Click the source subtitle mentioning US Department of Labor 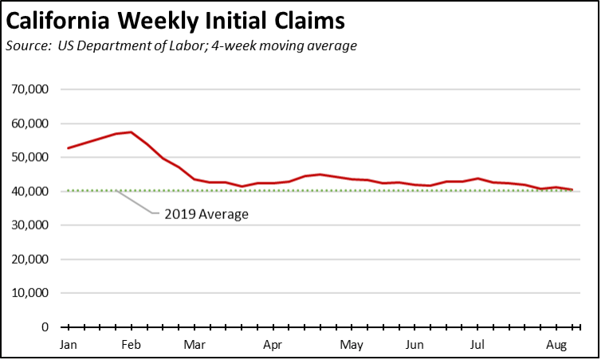tap(181, 45)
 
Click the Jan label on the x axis tap(69, 345)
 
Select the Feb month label tap(132, 345)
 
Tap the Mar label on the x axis tap(194, 345)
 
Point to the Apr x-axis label tap(273, 345)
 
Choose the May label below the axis tap(352, 345)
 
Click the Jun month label tap(414, 345)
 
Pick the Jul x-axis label tap(477, 345)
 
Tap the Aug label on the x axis tap(555, 345)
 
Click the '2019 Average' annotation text tap(206, 213)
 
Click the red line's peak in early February tap(131, 132)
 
